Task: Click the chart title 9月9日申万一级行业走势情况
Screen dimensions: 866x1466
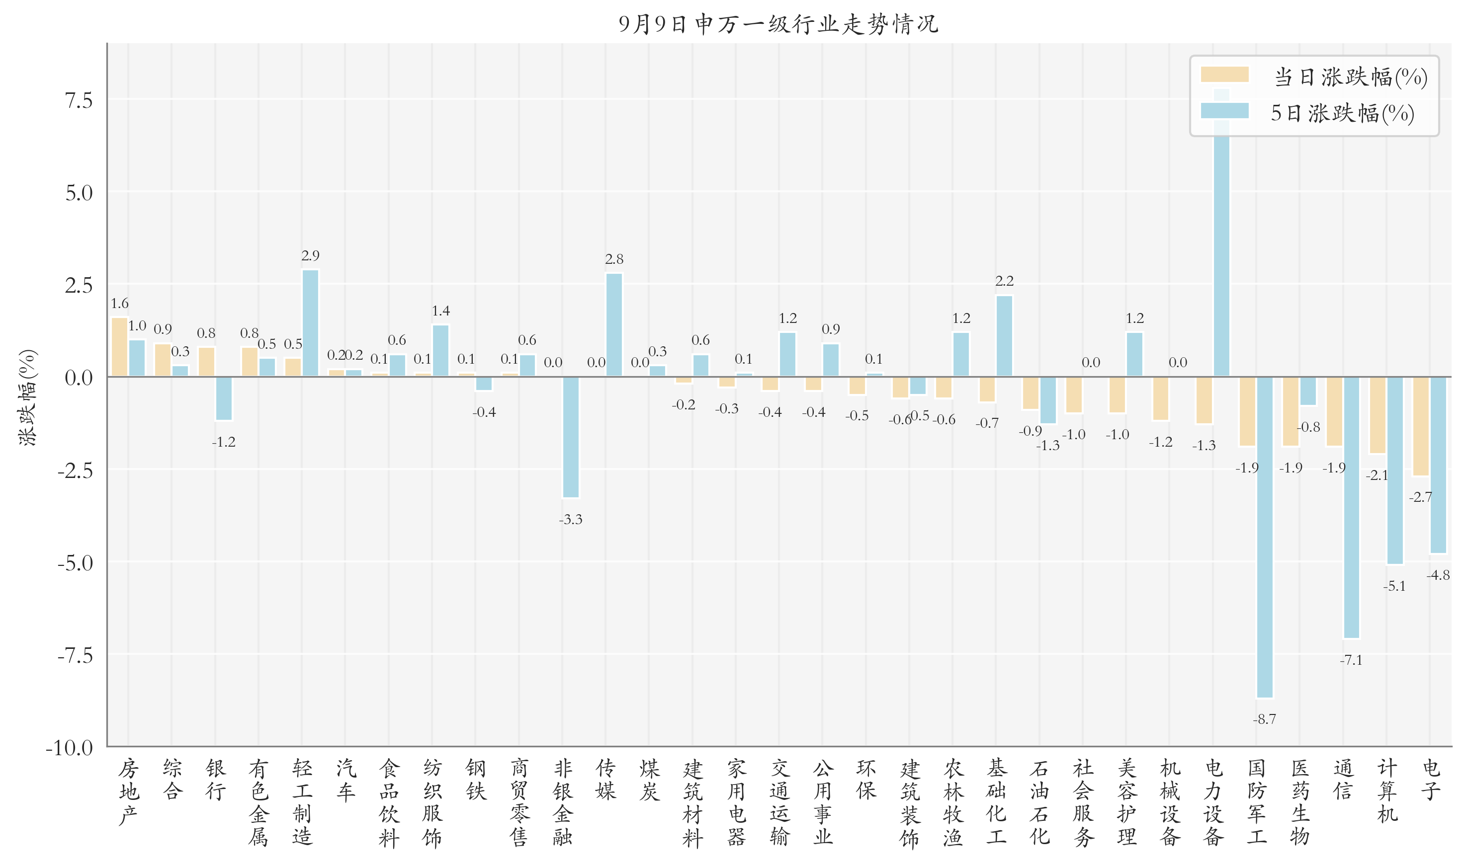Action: click(x=778, y=23)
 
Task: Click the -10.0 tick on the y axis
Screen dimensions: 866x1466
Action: click(x=70, y=748)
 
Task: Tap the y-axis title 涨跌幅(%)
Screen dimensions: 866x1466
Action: click(x=27, y=398)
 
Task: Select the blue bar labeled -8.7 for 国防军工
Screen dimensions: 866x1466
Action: click(x=1265, y=537)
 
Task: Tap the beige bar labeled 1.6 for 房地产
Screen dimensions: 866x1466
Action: click(x=119, y=347)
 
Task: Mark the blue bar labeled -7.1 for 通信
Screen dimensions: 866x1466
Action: click(x=1352, y=507)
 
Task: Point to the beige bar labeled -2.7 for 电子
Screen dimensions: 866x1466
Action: click(x=1420, y=426)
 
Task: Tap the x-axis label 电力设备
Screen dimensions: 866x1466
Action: click(x=1213, y=802)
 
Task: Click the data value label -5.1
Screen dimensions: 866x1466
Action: click(x=1394, y=586)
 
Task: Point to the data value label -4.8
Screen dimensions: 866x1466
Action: click(x=1438, y=575)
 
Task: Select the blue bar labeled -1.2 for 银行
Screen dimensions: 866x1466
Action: click(x=224, y=398)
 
